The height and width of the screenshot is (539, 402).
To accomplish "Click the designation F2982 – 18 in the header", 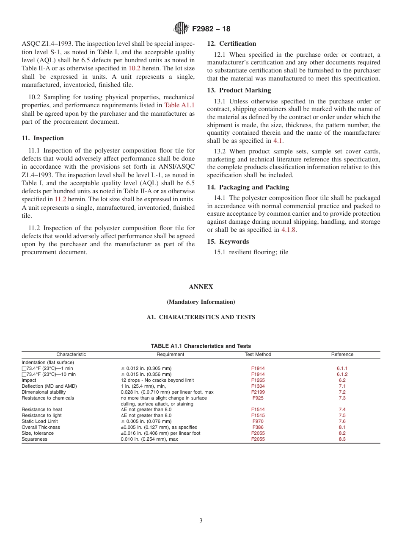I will [x=211, y=29].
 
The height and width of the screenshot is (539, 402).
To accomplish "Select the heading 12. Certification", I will [x=231, y=44].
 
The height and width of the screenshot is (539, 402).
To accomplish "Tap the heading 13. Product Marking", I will [x=239, y=90].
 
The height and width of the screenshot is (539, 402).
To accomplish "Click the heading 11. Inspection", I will [x=43, y=138].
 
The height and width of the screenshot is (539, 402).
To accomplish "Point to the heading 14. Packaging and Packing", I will [x=248, y=187].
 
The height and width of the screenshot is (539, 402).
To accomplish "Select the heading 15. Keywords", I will [x=228, y=242].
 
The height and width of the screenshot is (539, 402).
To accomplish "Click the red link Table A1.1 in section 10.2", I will [x=179, y=106].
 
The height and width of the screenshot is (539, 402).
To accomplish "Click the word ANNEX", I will [x=201, y=287].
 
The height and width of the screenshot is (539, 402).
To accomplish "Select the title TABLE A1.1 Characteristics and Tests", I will [x=201, y=346].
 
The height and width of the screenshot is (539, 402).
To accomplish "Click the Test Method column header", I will [x=258, y=355].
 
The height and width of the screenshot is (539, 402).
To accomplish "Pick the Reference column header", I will [x=342, y=355].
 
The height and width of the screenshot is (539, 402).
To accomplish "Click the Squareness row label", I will [x=35, y=439].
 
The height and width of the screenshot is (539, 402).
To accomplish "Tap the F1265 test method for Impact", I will [x=258, y=381].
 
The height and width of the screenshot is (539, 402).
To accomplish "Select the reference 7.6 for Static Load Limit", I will [x=342, y=422].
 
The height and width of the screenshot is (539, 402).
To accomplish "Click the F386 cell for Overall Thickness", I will [x=258, y=428].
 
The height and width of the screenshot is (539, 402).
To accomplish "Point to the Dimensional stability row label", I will [x=43, y=392].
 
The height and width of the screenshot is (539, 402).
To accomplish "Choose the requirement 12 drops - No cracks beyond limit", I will [x=157, y=381].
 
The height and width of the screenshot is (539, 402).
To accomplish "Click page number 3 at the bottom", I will [x=201, y=521].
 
